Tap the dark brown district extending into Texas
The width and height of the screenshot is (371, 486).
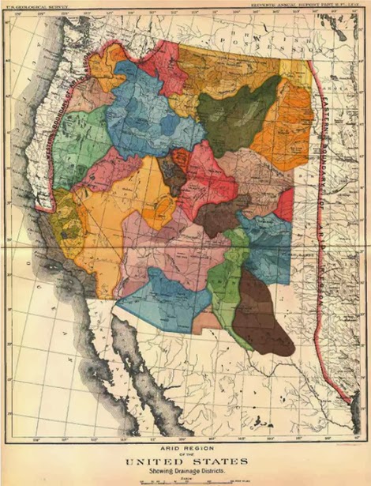[263, 316]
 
